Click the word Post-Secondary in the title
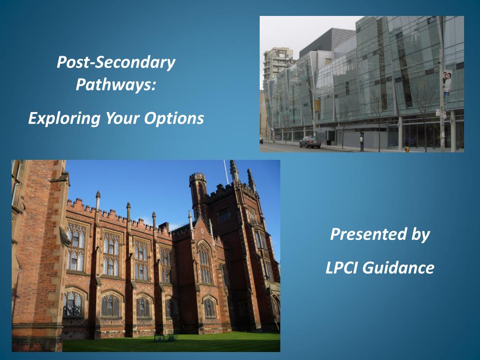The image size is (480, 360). [x=116, y=62]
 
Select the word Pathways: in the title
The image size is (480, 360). [x=116, y=84]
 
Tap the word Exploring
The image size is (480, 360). [x=64, y=119]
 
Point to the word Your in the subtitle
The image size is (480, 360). [x=122, y=118]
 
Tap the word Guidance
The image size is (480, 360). [x=399, y=267]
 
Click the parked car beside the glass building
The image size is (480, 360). [x=310, y=142]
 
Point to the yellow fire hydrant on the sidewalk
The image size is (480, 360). [x=407, y=150]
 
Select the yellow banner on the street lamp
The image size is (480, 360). [x=317, y=105]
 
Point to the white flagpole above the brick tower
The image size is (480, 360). [x=226, y=172]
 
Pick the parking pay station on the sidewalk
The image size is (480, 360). [x=362, y=142]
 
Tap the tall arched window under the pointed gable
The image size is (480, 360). [x=205, y=262]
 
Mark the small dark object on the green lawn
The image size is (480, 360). [x=165, y=338]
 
